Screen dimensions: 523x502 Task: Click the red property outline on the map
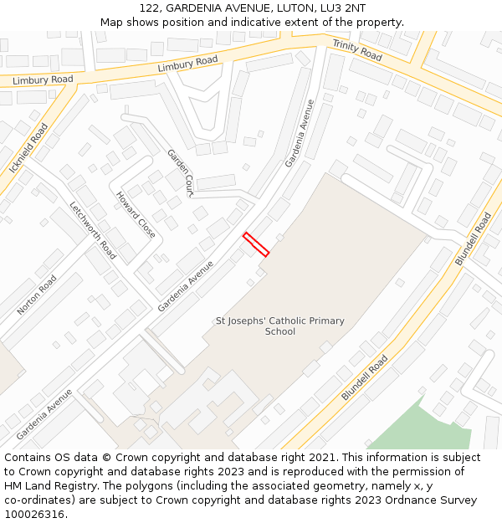click(256, 244)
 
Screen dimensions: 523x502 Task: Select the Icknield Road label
click(28, 149)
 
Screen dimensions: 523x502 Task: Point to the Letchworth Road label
click(92, 230)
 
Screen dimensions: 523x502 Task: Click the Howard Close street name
click(136, 215)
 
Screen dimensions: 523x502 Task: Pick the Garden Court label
click(180, 173)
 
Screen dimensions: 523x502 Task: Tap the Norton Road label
click(37, 295)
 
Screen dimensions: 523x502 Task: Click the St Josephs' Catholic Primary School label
click(280, 326)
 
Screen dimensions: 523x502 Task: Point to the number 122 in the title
click(150, 8)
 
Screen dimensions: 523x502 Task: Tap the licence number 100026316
click(34, 515)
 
